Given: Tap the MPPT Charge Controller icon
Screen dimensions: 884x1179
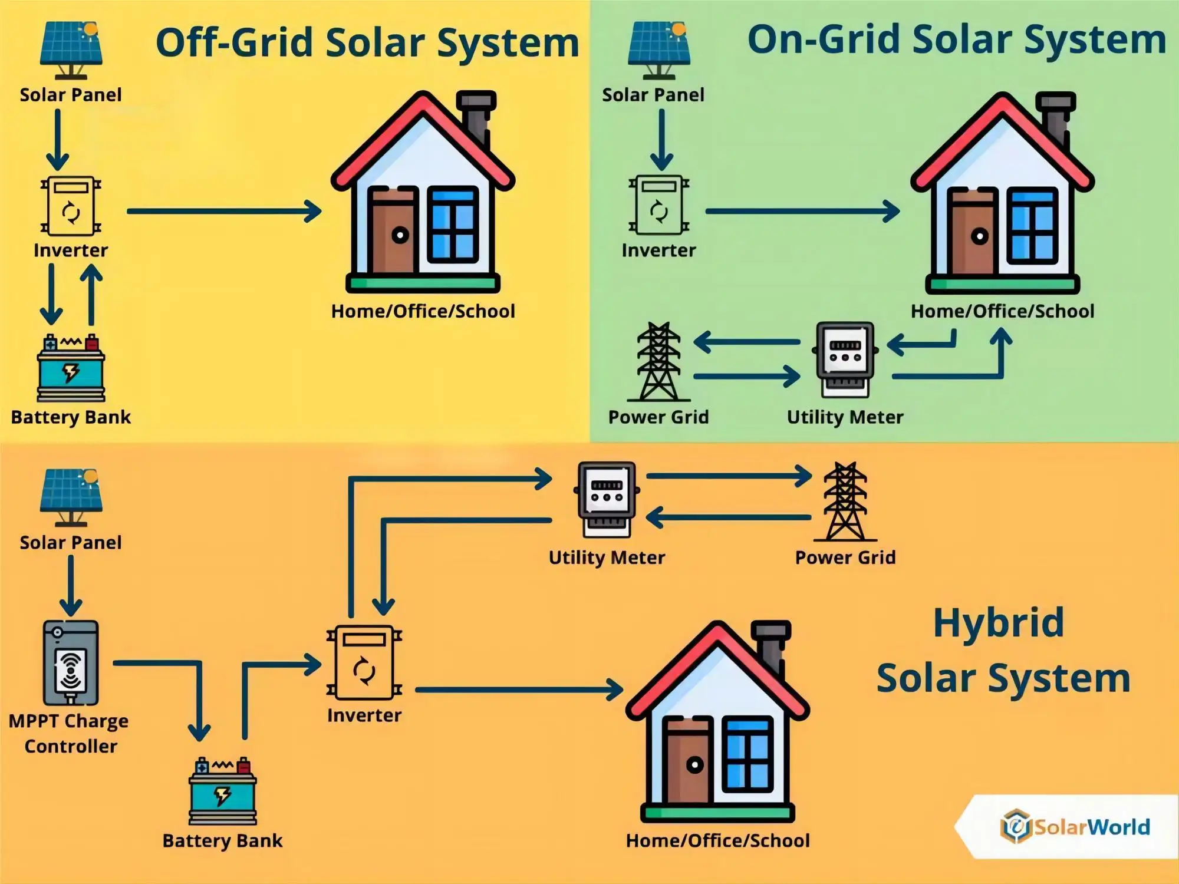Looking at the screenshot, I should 71,662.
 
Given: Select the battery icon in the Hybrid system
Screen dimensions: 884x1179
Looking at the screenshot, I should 223,791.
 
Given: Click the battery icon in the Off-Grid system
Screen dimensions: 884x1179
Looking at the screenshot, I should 71,368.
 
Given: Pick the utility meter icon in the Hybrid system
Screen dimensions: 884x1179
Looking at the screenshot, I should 607,499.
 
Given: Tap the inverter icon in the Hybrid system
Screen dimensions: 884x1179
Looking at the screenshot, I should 364,664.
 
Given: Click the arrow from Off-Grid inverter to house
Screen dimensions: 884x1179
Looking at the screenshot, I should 224,211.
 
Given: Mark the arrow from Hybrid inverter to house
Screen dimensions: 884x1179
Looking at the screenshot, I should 519,689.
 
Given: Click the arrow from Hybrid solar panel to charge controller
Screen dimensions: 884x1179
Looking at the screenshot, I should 71,586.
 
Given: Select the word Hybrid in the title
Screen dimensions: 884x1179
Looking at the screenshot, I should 999,622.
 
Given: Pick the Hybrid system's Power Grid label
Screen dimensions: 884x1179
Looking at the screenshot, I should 845,557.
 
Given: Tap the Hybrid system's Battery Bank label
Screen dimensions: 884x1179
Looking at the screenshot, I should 222,840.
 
